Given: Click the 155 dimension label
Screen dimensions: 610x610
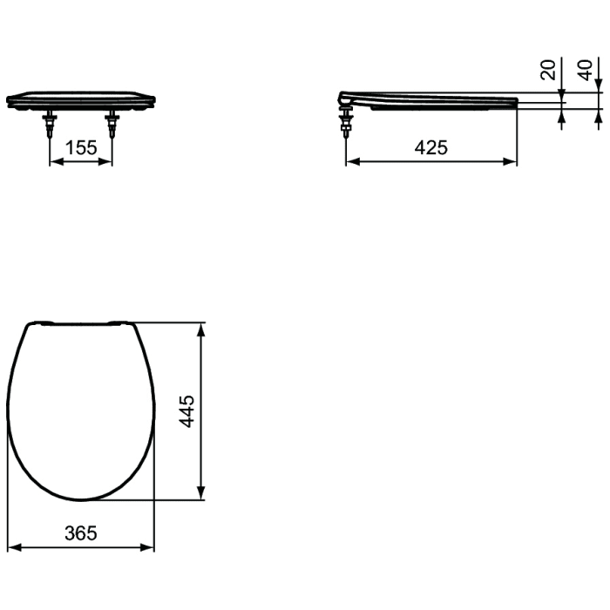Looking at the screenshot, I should [x=81, y=147].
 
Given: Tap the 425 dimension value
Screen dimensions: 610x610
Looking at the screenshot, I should [x=430, y=147].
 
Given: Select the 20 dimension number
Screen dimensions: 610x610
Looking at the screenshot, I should [x=548, y=71].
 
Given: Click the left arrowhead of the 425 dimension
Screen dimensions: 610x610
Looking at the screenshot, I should [x=351, y=161].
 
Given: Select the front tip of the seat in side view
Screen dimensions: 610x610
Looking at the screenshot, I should [x=516, y=102].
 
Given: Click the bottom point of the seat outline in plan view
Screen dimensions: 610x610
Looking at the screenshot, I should [x=81, y=499].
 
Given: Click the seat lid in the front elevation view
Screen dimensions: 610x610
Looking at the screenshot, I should [x=81, y=98].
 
